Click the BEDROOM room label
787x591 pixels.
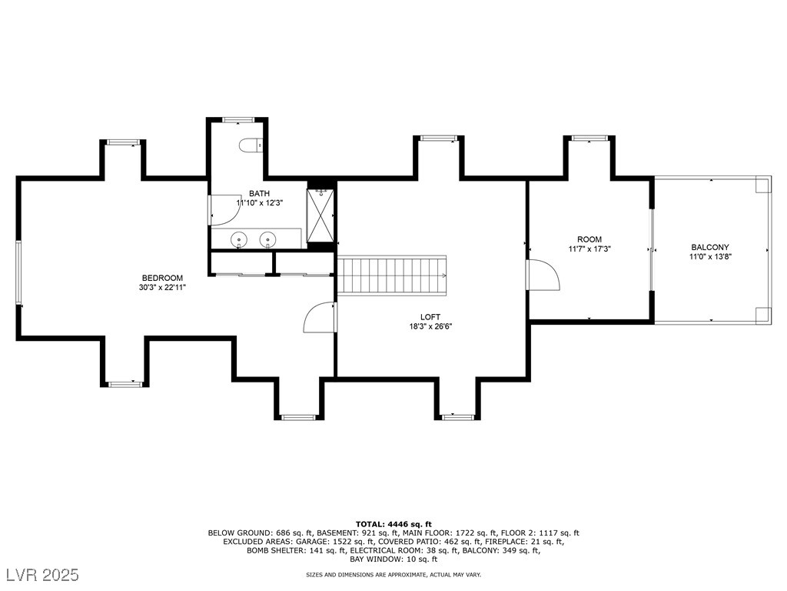[x=162, y=278]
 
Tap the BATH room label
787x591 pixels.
[x=260, y=193]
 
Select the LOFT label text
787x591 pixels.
[x=430, y=317]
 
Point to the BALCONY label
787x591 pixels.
[x=709, y=247]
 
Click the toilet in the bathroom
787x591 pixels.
[x=249, y=145]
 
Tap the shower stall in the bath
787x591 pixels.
[x=320, y=215]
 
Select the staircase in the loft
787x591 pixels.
[x=391, y=275]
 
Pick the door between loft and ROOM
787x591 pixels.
[x=543, y=275]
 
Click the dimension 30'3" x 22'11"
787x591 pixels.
[x=162, y=288]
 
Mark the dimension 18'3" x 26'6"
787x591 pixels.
[x=430, y=326]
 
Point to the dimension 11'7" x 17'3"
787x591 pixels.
[x=589, y=249]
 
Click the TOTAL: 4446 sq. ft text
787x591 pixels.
[x=393, y=524]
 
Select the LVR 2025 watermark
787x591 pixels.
[x=43, y=574]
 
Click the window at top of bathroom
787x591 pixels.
[x=238, y=119]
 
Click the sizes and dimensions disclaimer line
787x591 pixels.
[x=393, y=574]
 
